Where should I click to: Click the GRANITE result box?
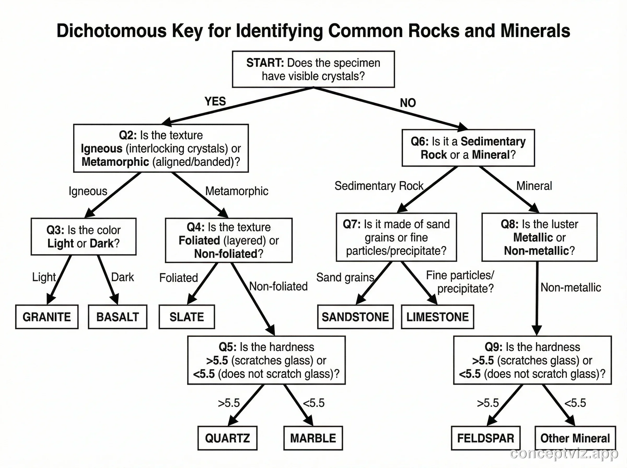tap(47, 317)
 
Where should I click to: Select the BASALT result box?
tap(118, 317)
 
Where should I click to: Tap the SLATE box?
tap(187, 317)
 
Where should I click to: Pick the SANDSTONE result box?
tap(355, 317)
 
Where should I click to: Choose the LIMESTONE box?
tap(437, 317)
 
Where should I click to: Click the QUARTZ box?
tap(228, 438)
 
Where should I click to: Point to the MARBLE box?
tap(313, 438)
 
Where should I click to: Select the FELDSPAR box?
tap(486, 438)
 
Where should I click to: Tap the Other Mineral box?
tap(575, 438)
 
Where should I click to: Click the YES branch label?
tap(215, 101)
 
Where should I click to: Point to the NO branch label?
tap(408, 103)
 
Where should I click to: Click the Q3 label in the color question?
tap(55, 230)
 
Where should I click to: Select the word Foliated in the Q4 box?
tap(199, 241)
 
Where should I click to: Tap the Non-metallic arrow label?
tap(571, 288)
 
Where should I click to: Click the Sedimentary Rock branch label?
tap(379, 186)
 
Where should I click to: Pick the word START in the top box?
tap(265, 63)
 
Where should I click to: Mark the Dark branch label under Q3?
tap(123, 277)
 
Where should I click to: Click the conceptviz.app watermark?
tap(564, 453)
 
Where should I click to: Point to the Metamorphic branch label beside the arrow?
tap(237, 191)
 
